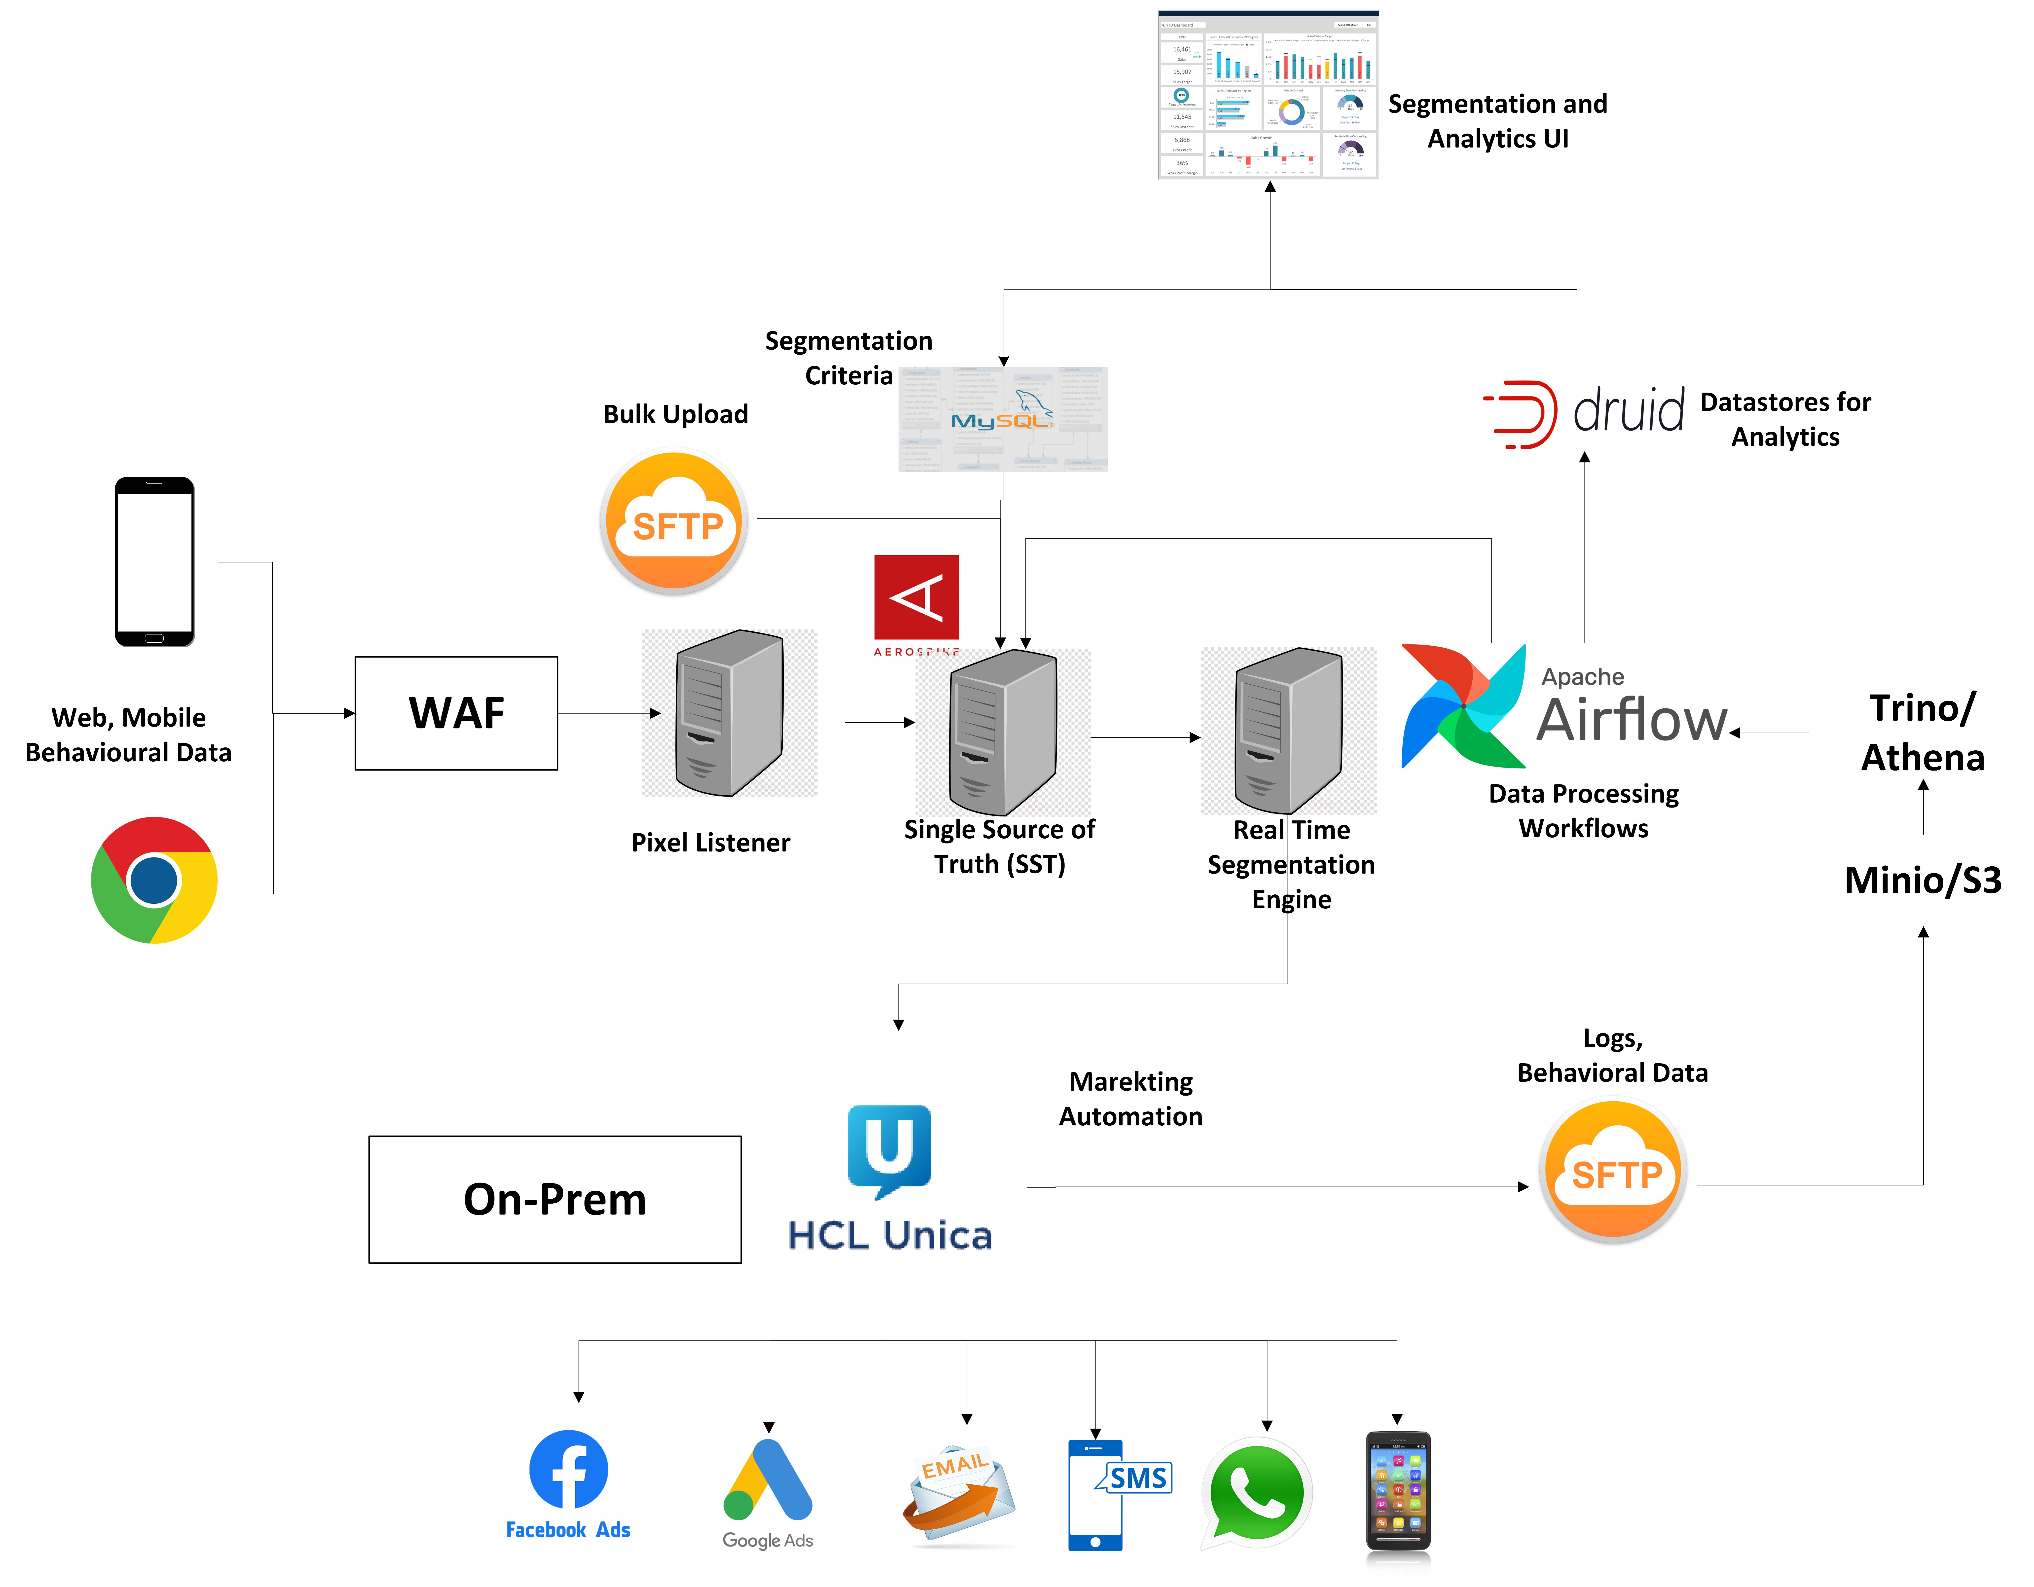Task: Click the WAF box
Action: point(456,713)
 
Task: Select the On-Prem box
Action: point(555,1200)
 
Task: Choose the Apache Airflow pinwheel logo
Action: point(1463,706)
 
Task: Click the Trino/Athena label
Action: point(1922,733)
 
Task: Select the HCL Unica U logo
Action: point(889,1150)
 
